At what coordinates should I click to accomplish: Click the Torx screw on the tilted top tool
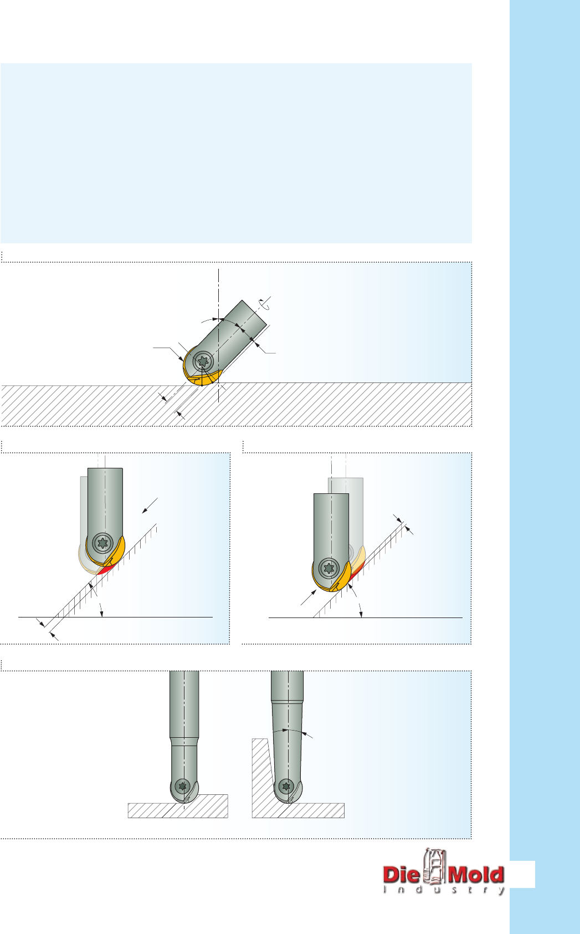tap(203, 361)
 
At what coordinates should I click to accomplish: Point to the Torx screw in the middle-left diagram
tap(102, 543)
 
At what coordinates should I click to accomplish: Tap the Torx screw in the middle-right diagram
tap(329, 568)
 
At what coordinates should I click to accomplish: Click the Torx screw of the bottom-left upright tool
tap(182, 786)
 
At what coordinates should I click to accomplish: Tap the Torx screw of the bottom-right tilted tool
tap(286, 787)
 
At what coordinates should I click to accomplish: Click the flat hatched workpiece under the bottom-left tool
tap(178, 808)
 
